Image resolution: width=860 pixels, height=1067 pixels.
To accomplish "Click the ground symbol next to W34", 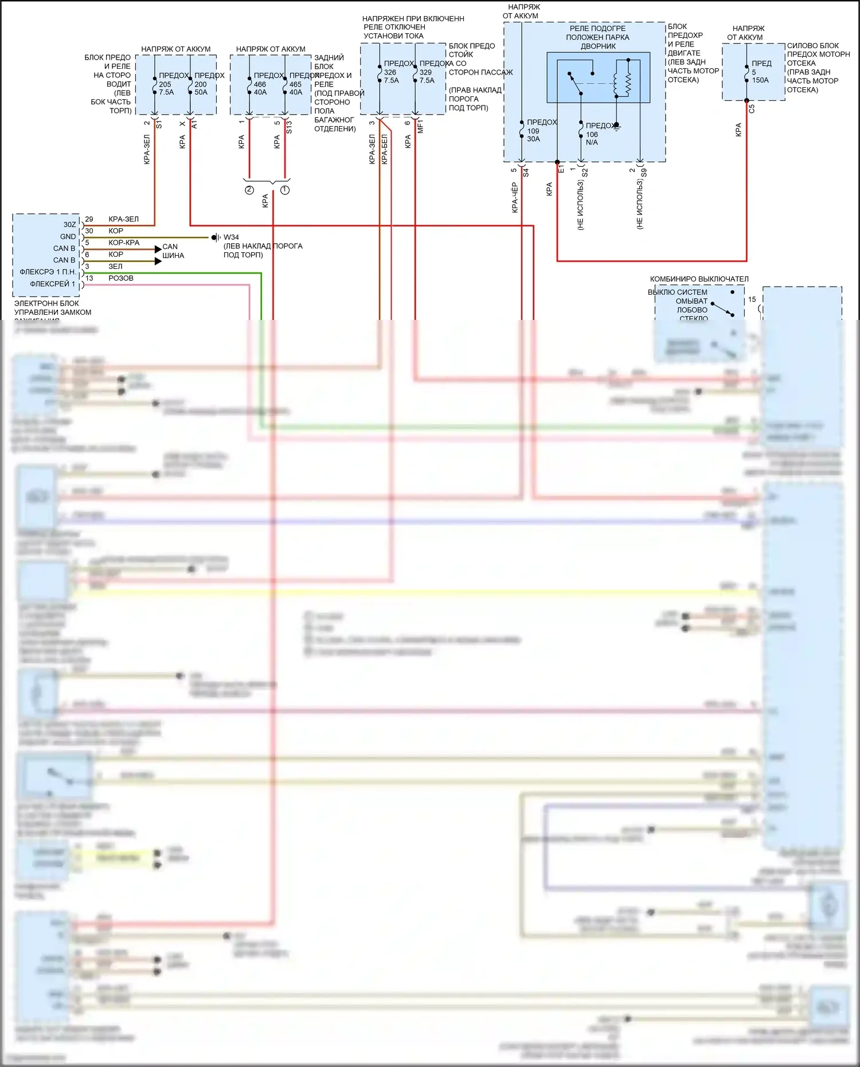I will point(216,237).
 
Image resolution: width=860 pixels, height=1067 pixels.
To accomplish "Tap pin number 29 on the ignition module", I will point(89,219).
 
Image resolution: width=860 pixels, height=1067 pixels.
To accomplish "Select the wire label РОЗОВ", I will point(121,278).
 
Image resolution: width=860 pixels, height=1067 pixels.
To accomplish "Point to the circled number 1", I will point(285,190).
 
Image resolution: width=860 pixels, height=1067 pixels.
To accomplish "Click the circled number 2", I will point(249,190).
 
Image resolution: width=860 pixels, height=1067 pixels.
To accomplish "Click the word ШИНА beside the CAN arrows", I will point(173,256).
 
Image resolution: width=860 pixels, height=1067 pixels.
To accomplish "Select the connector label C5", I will point(752,108).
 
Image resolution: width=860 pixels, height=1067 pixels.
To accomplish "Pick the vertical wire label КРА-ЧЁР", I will point(515,198).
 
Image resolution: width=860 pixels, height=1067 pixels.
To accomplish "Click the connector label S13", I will point(289,127).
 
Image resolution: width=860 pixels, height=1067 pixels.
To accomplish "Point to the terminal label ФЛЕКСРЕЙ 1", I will point(53,284).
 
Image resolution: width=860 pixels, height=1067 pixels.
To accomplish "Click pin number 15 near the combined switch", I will point(752,299).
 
